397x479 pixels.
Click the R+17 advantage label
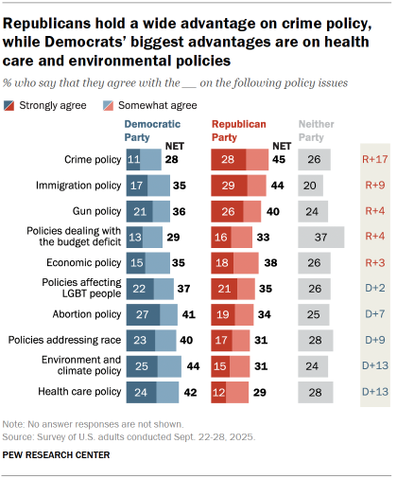point(376,160)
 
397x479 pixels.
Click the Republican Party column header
point(238,130)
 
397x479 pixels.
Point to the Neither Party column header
point(314,130)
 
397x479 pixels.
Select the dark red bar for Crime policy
point(229,160)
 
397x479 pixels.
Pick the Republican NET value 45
point(280,160)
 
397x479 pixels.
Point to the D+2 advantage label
point(376,288)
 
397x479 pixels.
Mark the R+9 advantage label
point(376,186)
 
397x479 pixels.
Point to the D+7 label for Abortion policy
point(376,313)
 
